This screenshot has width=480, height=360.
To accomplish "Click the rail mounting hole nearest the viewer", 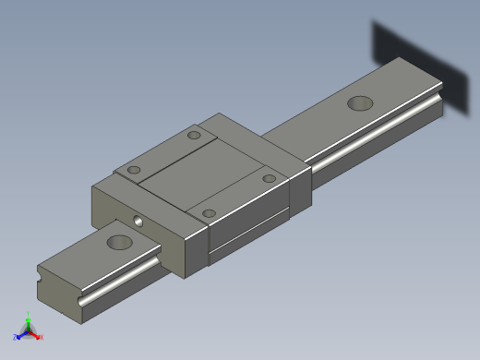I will [119, 243].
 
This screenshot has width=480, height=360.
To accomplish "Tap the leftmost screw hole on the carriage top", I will [135, 171].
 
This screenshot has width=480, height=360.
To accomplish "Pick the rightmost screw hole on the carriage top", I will [269, 178].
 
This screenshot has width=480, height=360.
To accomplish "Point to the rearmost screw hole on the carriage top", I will [194, 136].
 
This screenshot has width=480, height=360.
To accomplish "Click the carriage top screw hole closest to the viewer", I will [210, 213].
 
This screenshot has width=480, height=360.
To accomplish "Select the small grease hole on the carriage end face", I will [138, 222].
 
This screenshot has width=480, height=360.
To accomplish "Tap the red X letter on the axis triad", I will [42, 337].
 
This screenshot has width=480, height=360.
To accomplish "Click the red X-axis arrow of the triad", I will [35, 334].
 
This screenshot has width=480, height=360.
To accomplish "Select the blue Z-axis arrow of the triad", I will [21, 333].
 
